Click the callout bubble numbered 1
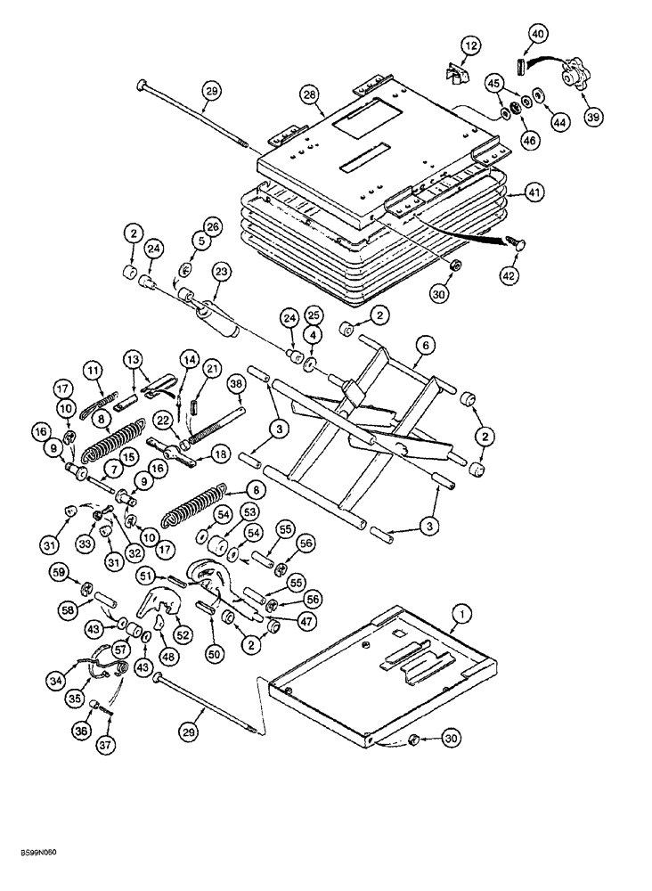point(461,612)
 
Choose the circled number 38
point(235,384)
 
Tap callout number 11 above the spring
point(94,369)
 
